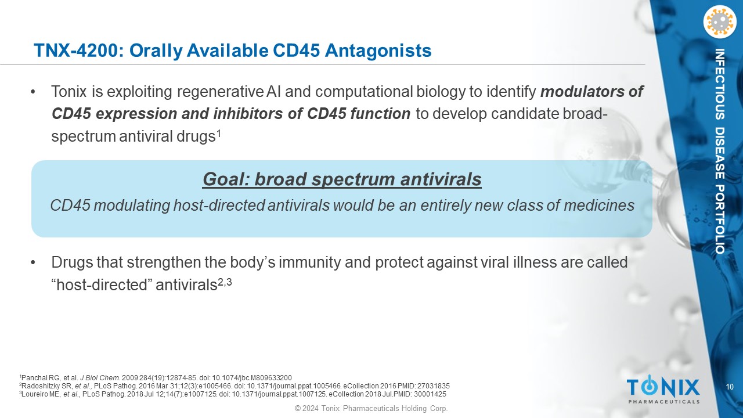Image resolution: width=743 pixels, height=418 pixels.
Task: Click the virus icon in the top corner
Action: pyautogui.click(x=719, y=22)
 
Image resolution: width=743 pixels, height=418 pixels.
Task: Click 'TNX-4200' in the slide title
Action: pyautogui.click(x=78, y=51)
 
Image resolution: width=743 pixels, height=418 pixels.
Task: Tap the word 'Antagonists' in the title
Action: pyautogui.click(x=378, y=51)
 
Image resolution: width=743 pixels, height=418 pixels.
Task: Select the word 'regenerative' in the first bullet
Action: pyautogui.click(x=220, y=92)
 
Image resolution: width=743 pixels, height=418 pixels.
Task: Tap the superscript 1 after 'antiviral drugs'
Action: pyautogui.click(x=219, y=134)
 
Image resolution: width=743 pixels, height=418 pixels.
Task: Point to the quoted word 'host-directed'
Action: pyautogui.click(x=102, y=285)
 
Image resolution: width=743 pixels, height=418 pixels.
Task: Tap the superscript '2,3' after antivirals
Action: pyautogui.click(x=225, y=283)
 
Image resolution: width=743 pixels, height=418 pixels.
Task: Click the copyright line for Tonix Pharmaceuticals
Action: pyautogui.click(x=371, y=408)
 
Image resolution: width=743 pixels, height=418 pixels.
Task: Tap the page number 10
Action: pyautogui.click(x=730, y=387)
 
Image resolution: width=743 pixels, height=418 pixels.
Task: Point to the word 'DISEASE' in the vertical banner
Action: pyautogui.click(x=719, y=153)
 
